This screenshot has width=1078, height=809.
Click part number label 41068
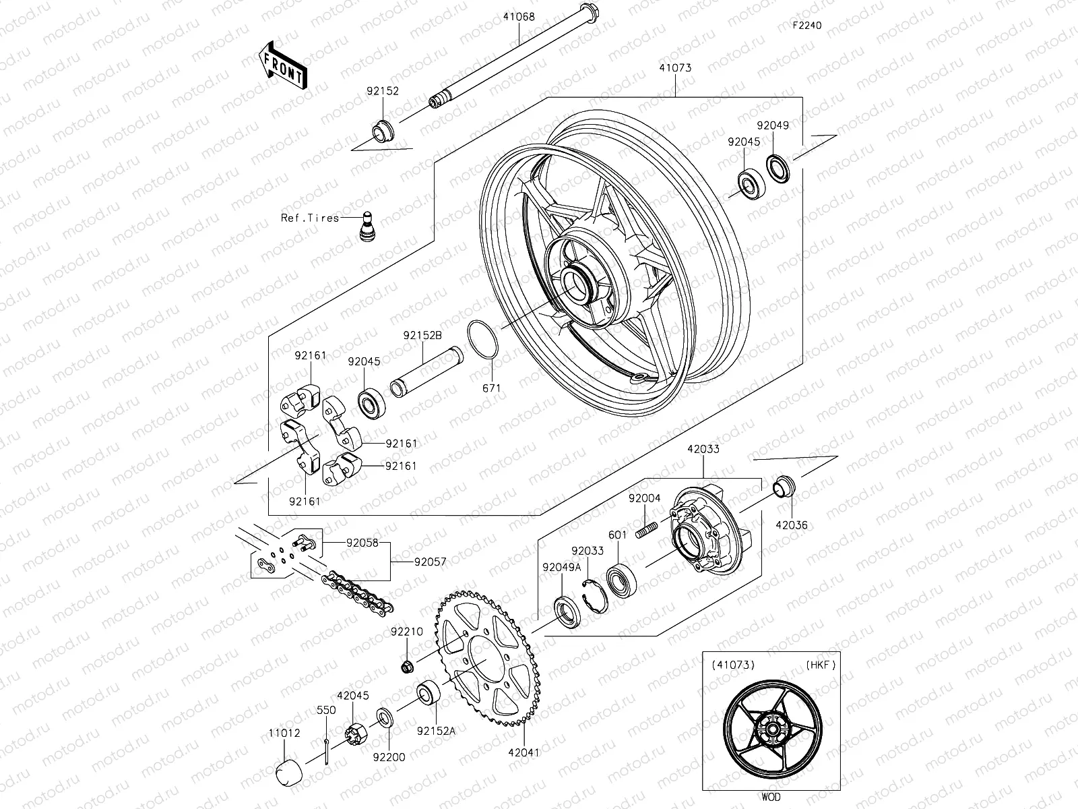tap(518, 17)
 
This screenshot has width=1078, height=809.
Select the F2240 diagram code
tap(806, 26)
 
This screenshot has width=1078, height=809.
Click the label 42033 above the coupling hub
tap(703, 448)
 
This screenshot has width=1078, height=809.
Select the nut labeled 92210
tap(407, 667)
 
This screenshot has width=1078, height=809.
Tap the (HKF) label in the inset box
tap(820, 665)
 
